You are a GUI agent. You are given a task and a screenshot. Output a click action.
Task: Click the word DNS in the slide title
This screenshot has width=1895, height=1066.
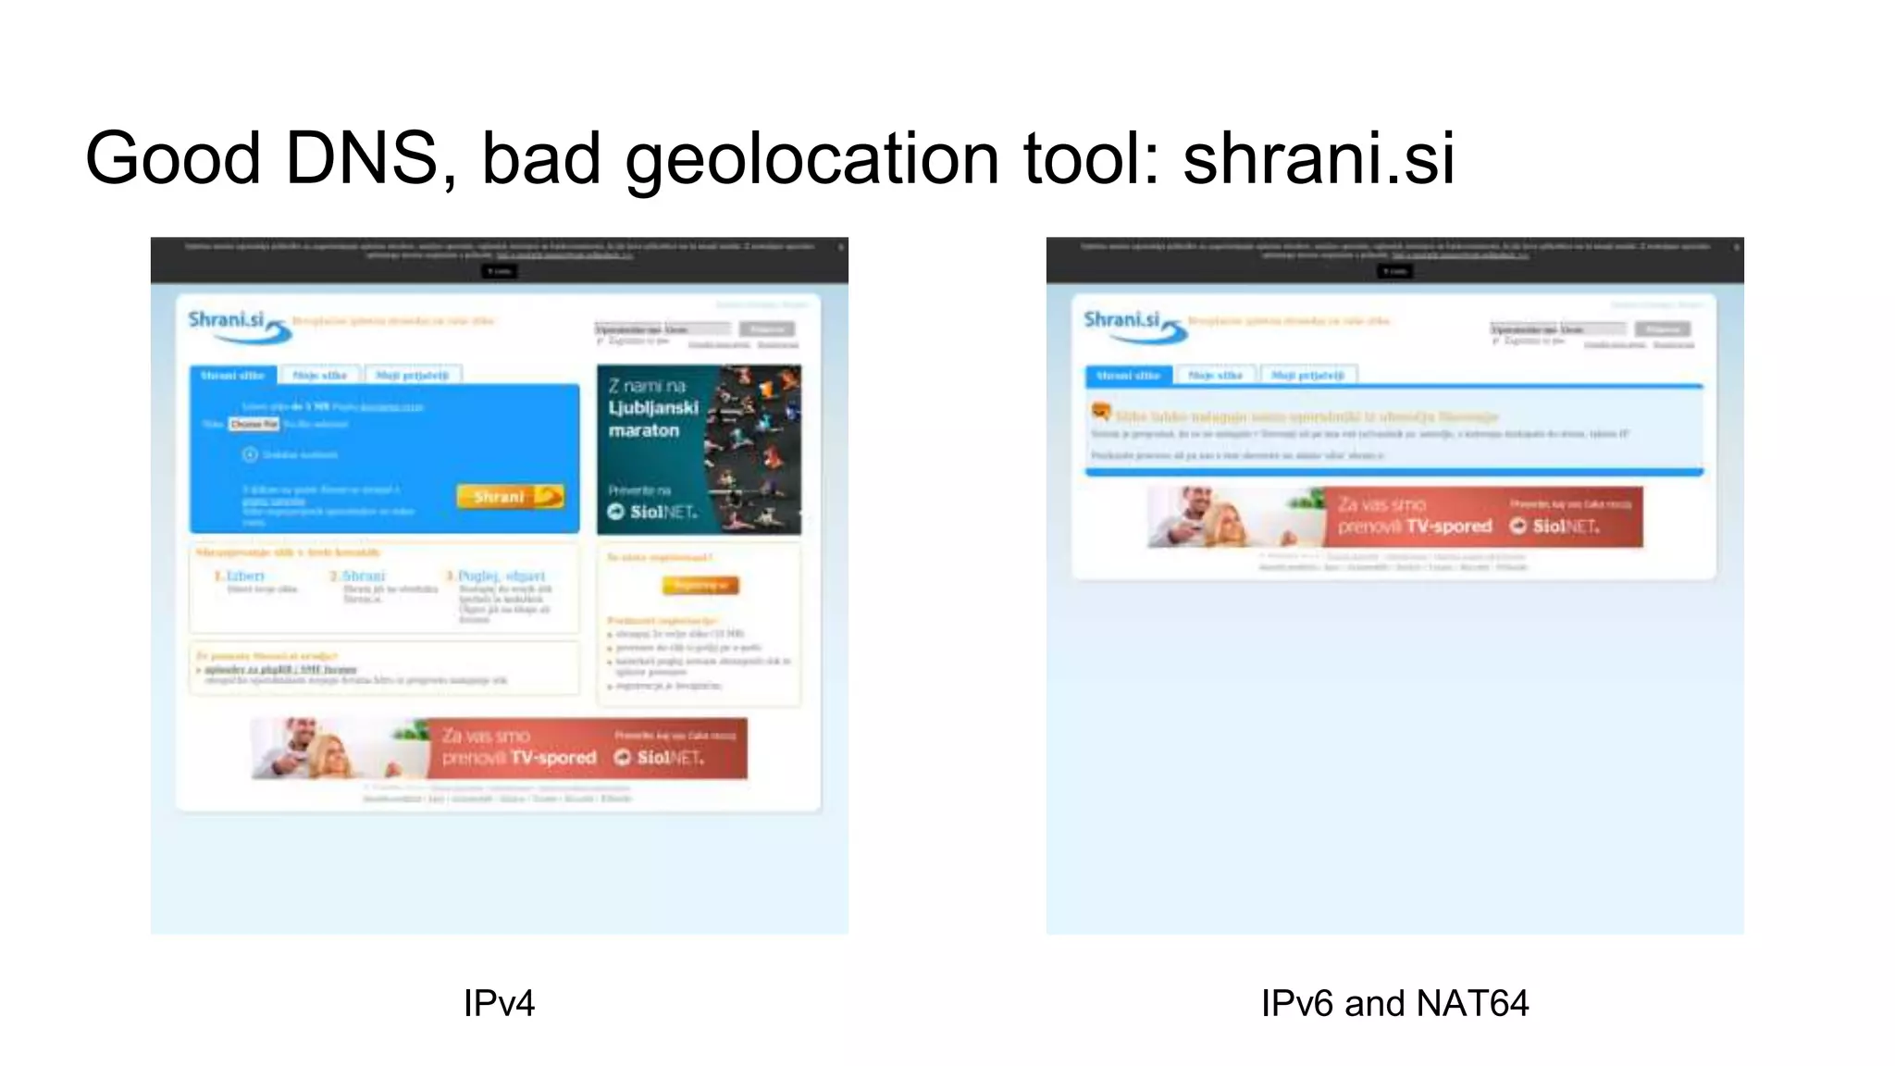click(x=361, y=158)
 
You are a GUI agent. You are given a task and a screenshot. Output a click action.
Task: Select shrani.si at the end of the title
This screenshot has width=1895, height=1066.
click(x=1319, y=158)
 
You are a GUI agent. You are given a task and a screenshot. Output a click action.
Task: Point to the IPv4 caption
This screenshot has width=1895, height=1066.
click(x=499, y=1003)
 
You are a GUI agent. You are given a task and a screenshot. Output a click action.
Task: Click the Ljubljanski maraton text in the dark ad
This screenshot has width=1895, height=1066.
click(x=652, y=418)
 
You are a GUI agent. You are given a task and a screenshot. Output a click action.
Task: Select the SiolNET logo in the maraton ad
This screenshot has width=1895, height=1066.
click(x=653, y=512)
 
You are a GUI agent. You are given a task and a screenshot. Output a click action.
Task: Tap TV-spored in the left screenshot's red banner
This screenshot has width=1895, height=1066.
click(x=554, y=758)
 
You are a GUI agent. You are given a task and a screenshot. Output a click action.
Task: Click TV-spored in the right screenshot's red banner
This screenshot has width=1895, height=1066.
click(x=1450, y=527)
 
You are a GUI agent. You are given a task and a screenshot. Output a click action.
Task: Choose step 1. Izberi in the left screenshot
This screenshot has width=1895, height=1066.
click(x=240, y=576)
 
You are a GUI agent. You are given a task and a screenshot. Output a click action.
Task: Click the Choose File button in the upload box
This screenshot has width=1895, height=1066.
click(x=254, y=424)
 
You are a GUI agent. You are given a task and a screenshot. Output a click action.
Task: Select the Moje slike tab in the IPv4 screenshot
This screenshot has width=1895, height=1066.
click(x=319, y=375)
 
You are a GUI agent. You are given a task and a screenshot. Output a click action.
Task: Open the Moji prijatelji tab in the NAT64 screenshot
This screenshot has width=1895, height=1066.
click(x=1307, y=375)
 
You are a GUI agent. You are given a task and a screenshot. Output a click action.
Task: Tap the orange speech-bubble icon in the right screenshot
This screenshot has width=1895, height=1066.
click(x=1100, y=411)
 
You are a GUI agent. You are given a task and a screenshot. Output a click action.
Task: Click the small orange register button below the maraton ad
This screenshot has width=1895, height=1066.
click(x=700, y=585)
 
